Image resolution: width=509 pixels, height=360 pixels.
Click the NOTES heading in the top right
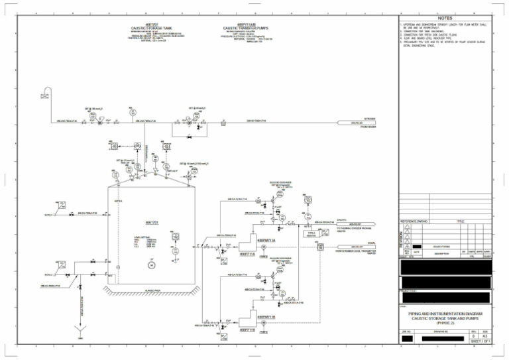(444, 18)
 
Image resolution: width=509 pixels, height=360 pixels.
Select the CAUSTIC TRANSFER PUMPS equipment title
(247, 28)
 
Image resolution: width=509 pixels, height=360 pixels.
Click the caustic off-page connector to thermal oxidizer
(356, 224)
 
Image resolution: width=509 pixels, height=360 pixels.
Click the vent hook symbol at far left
(44, 92)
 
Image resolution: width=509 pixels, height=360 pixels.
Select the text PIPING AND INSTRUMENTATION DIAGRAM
(445, 313)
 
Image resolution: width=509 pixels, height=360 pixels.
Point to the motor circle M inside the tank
(151, 265)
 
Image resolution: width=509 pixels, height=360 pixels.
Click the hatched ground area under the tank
(151, 290)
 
